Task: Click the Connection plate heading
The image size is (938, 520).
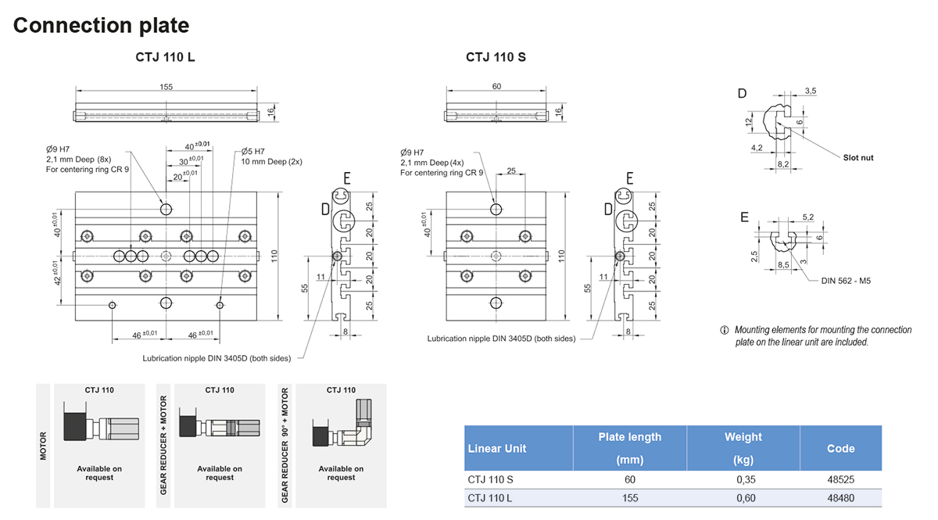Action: pyautogui.click(x=101, y=25)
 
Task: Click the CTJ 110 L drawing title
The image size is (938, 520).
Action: pyautogui.click(x=165, y=57)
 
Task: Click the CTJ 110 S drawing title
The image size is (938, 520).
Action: pyautogui.click(x=496, y=57)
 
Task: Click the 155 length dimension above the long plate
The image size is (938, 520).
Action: pyautogui.click(x=166, y=87)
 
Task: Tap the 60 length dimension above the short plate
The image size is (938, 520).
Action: pyautogui.click(x=496, y=87)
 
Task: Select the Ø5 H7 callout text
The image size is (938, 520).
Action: pyautogui.click(x=253, y=151)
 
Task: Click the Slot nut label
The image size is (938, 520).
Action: pyautogui.click(x=858, y=158)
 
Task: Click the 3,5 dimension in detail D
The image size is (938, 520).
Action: pyautogui.click(x=811, y=91)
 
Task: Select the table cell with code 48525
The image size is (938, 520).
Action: pyautogui.click(x=840, y=479)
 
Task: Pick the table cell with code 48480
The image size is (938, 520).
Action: pyautogui.click(x=840, y=498)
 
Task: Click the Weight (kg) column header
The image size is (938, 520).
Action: pyautogui.click(x=743, y=448)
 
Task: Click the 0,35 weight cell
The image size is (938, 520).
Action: pyautogui.click(x=743, y=479)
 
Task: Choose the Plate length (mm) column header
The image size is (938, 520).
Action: pyautogui.click(x=629, y=448)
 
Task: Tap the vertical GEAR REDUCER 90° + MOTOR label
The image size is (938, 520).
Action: pyautogui.click(x=285, y=445)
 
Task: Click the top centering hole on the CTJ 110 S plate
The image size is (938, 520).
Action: pyautogui.click(x=496, y=209)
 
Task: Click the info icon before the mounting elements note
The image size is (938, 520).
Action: pyautogui.click(x=724, y=330)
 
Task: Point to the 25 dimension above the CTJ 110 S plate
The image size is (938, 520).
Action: pyautogui.click(x=510, y=170)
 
